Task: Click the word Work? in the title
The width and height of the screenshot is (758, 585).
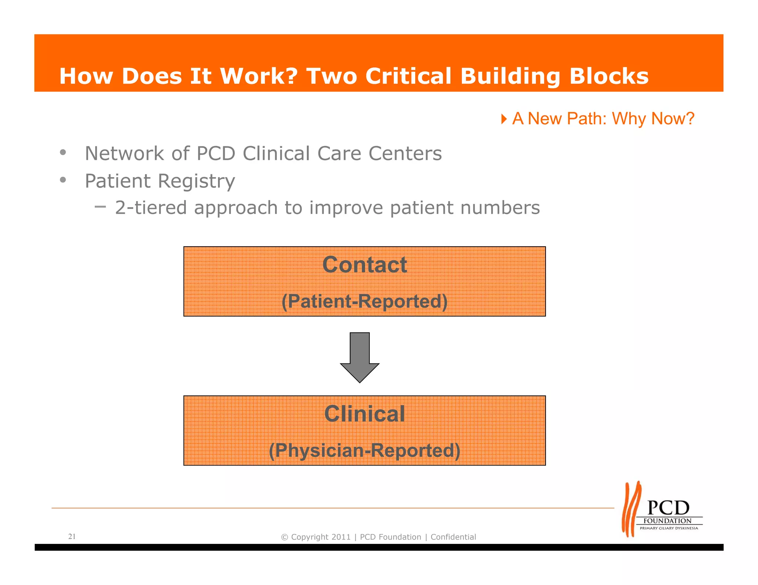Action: (259, 76)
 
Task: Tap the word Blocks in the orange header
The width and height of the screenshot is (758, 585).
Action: (609, 76)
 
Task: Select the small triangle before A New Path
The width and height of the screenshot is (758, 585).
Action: (504, 119)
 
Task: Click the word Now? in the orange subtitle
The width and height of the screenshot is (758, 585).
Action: (673, 119)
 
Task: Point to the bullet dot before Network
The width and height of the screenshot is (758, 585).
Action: (63, 152)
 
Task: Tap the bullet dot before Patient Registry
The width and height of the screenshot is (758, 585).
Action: (63, 180)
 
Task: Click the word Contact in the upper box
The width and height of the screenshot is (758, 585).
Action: (365, 265)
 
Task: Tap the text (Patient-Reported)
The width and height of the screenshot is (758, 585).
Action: (365, 301)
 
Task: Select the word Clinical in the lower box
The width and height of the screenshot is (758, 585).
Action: (365, 414)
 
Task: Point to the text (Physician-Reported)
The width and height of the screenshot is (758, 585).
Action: (365, 450)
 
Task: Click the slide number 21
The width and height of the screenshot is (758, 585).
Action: (72, 536)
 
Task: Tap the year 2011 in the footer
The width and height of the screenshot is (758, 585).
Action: (341, 537)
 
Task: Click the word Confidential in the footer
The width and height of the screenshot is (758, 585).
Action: (453, 537)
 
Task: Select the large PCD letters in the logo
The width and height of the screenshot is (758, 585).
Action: (668, 508)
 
